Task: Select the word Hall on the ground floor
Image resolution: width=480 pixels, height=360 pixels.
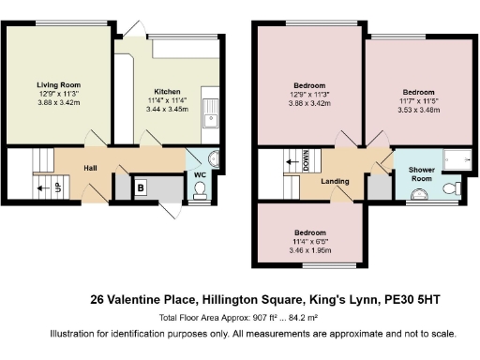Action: (91, 168)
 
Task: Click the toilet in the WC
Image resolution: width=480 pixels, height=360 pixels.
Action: (198, 191)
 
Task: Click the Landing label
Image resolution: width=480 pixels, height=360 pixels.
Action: (335, 182)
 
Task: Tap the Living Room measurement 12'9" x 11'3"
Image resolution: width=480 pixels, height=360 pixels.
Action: (58, 94)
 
